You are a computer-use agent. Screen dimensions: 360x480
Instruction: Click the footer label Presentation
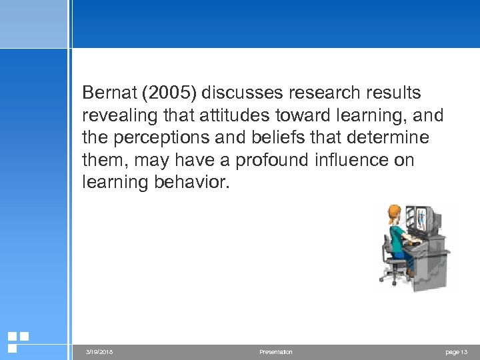(275, 352)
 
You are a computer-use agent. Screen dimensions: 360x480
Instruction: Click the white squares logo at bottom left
(17, 341)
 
